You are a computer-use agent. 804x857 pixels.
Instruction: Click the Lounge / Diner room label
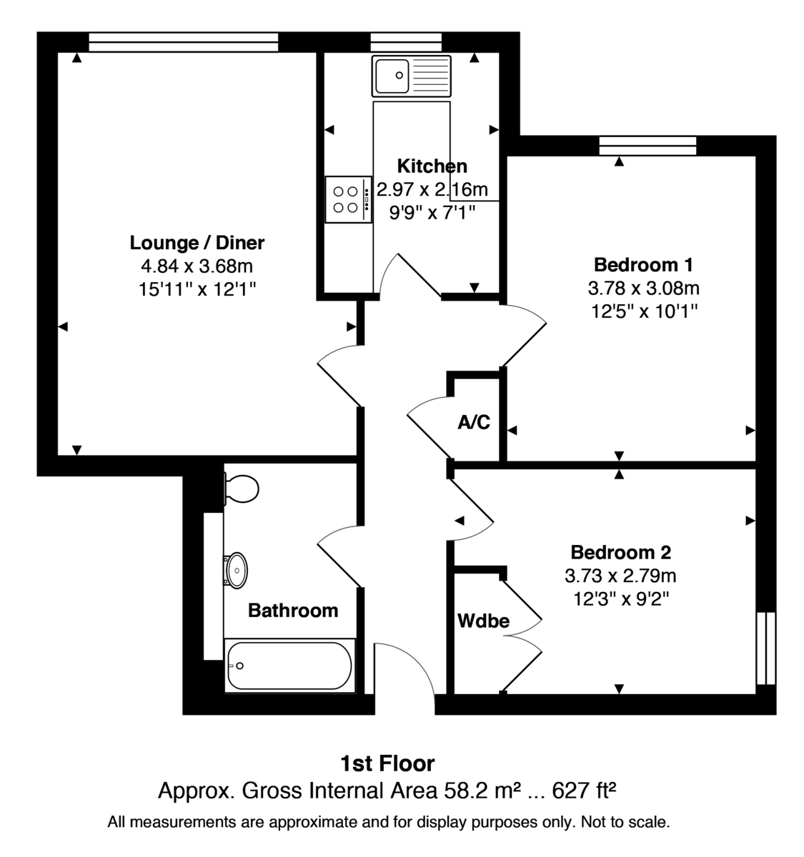pyautogui.click(x=197, y=243)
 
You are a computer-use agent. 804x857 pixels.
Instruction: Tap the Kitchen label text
pyautogui.click(x=432, y=166)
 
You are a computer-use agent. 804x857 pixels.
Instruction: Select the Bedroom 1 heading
pyautogui.click(x=643, y=265)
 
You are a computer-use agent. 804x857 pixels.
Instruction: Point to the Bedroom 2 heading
pyautogui.click(x=620, y=552)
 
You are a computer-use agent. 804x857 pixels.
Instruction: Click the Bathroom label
pyautogui.click(x=292, y=611)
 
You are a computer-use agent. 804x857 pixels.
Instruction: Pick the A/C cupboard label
pyautogui.click(x=474, y=422)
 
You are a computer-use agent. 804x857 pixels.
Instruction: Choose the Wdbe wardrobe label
pyautogui.click(x=483, y=621)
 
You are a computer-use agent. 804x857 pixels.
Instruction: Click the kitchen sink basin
pyautogui.click(x=391, y=75)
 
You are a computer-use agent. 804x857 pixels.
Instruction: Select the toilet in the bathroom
pyautogui.click(x=241, y=489)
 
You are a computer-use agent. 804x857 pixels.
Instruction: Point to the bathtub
pyautogui.click(x=289, y=666)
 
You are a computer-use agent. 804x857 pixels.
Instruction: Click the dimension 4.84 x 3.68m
pyautogui.click(x=197, y=266)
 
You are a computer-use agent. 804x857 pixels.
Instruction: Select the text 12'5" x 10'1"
pyautogui.click(x=643, y=311)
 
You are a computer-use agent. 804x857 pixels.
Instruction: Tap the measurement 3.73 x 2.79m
pyautogui.click(x=620, y=576)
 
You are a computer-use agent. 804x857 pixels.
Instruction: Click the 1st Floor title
pyautogui.click(x=387, y=763)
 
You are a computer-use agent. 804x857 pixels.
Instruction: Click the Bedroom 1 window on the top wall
pyautogui.click(x=647, y=146)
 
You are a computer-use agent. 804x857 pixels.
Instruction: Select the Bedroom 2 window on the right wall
pyautogui.click(x=765, y=648)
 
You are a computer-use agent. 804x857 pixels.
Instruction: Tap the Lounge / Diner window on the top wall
pyautogui.click(x=183, y=42)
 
